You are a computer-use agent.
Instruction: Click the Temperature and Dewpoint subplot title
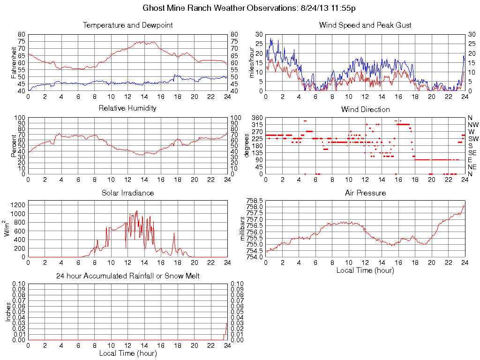(127, 25)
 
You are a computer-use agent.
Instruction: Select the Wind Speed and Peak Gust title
(365, 25)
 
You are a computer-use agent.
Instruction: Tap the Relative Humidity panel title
(127, 108)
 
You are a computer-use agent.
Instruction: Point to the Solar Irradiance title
(127, 193)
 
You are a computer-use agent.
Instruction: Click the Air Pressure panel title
(365, 193)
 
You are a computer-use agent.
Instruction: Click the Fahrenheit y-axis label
(14, 63)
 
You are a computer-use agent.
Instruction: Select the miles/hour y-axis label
(251, 63)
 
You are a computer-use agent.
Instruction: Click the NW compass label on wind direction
(472, 125)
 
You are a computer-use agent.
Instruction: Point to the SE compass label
(472, 153)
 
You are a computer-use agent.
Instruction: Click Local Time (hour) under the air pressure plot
(365, 270)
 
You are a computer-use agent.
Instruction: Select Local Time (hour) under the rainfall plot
(127, 353)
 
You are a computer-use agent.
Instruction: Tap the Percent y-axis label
(14, 146)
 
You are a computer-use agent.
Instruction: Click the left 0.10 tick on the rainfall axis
(19, 284)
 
